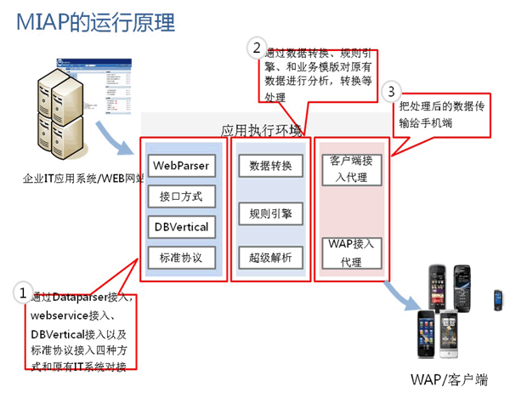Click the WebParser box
[x=181, y=164]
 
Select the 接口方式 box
[x=181, y=196]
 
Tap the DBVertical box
[x=181, y=228]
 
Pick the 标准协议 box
[x=181, y=258]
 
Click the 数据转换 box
[x=265, y=166]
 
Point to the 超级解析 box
[x=265, y=258]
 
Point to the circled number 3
[x=390, y=90]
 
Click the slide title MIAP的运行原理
[x=94, y=21]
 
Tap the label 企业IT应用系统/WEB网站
[x=82, y=179]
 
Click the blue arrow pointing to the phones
[x=399, y=294]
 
